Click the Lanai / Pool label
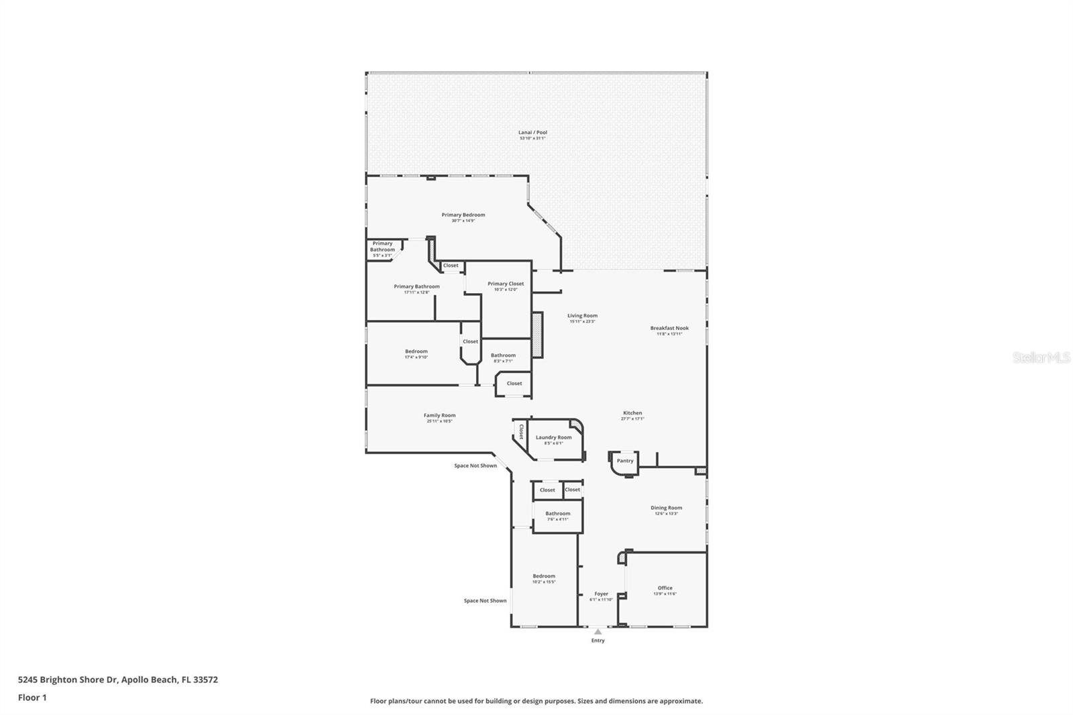coord(532,133)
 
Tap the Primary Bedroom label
coord(463,215)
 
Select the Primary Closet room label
coord(506,284)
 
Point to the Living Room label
coord(582,316)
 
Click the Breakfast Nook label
coord(669,329)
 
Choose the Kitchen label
coord(632,413)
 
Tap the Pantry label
coord(625,461)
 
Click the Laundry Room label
coord(553,437)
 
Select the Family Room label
coord(439,416)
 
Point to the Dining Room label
coord(666,508)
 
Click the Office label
coord(665,588)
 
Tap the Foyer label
coord(601,594)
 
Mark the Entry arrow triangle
coord(598,632)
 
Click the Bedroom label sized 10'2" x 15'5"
coord(544,576)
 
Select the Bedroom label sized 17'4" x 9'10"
coord(416,351)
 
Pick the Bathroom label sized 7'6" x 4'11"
coord(557,514)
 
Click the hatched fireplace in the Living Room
coord(536,335)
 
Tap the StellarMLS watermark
coord(1041,358)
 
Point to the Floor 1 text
coord(32,698)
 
